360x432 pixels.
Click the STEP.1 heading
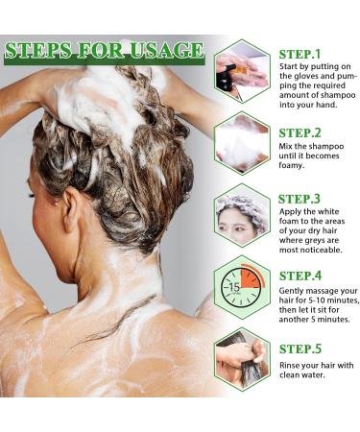point(300,55)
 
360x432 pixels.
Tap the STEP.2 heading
point(300,133)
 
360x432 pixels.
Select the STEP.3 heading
point(300,199)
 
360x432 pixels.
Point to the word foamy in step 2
point(294,163)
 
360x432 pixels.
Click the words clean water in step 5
point(303,376)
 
